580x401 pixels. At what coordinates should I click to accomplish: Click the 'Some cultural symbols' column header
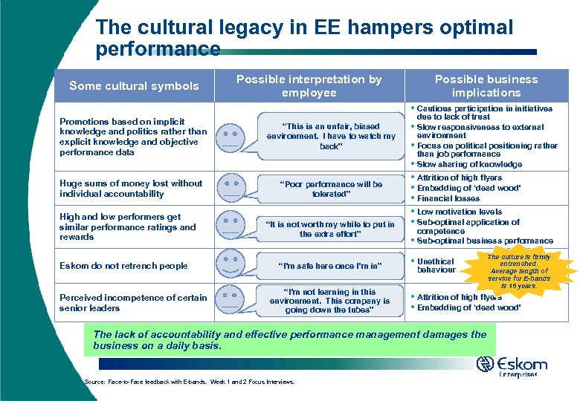(x=134, y=86)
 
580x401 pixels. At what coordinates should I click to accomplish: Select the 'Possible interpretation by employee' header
(x=309, y=86)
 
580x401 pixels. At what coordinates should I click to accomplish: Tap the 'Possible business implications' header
(x=486, y=86)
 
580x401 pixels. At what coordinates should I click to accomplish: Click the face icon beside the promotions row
(x=231, y=136)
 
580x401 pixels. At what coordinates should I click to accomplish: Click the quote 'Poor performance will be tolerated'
(x=330, y=189)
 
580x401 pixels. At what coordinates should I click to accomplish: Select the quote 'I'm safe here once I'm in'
(x=330, y=266)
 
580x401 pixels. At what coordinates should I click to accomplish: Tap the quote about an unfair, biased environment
(x=330, y=136)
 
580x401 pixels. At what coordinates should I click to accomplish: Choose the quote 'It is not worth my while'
(x=330, y=229)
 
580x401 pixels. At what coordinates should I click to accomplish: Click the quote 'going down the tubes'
(x=330, y=301)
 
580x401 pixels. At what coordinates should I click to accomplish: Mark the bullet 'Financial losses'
(x=450, y=199)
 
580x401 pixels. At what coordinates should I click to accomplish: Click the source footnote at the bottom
(x=190, y=382)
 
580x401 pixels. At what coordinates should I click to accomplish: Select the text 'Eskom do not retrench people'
(x=123, y=266)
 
